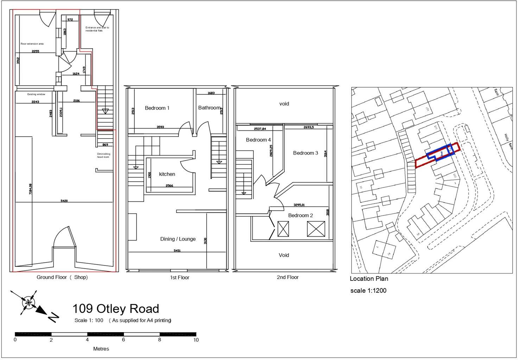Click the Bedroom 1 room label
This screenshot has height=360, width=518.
[157, 108]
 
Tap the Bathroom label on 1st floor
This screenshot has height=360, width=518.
[209, 108]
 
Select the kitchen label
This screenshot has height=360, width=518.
[167, 174]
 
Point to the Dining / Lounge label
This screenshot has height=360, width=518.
[178, 239]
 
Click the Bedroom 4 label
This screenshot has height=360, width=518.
[258, 140]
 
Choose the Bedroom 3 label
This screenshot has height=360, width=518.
[305, 153]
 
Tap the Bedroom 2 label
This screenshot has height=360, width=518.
[301, 216]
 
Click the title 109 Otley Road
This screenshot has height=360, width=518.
[115, 309]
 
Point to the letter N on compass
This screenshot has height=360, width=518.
[53, 318]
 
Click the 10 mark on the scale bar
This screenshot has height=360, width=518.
[196, 340]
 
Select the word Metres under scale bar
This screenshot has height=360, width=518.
[101, 349]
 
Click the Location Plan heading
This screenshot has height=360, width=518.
[369, 279]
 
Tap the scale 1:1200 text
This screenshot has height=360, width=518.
[368, 291]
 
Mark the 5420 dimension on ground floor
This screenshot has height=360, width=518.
[64, 201]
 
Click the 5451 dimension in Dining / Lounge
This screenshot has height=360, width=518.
[177, 251]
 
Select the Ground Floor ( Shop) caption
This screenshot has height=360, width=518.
[62, 277]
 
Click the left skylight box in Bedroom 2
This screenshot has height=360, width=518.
[283, 229]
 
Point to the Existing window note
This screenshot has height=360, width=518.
[36, 94]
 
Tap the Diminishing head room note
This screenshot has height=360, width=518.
[104, 155]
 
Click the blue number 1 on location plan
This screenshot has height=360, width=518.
[441, 154]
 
